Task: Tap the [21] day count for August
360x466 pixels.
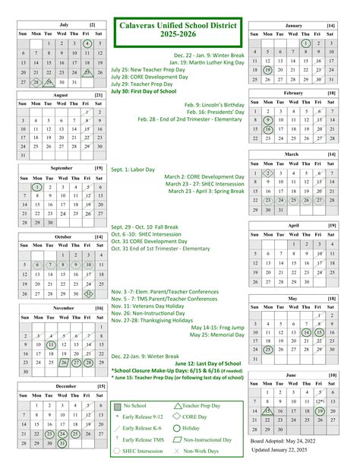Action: tap(99, 95)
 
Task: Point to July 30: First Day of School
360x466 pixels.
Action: tap(144, 91)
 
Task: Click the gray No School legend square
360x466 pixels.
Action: tap(117, 406)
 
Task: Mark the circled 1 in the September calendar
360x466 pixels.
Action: tap(36, 187)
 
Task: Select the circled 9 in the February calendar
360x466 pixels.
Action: tap(268, 120)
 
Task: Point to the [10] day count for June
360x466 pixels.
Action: tap(332, 376)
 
